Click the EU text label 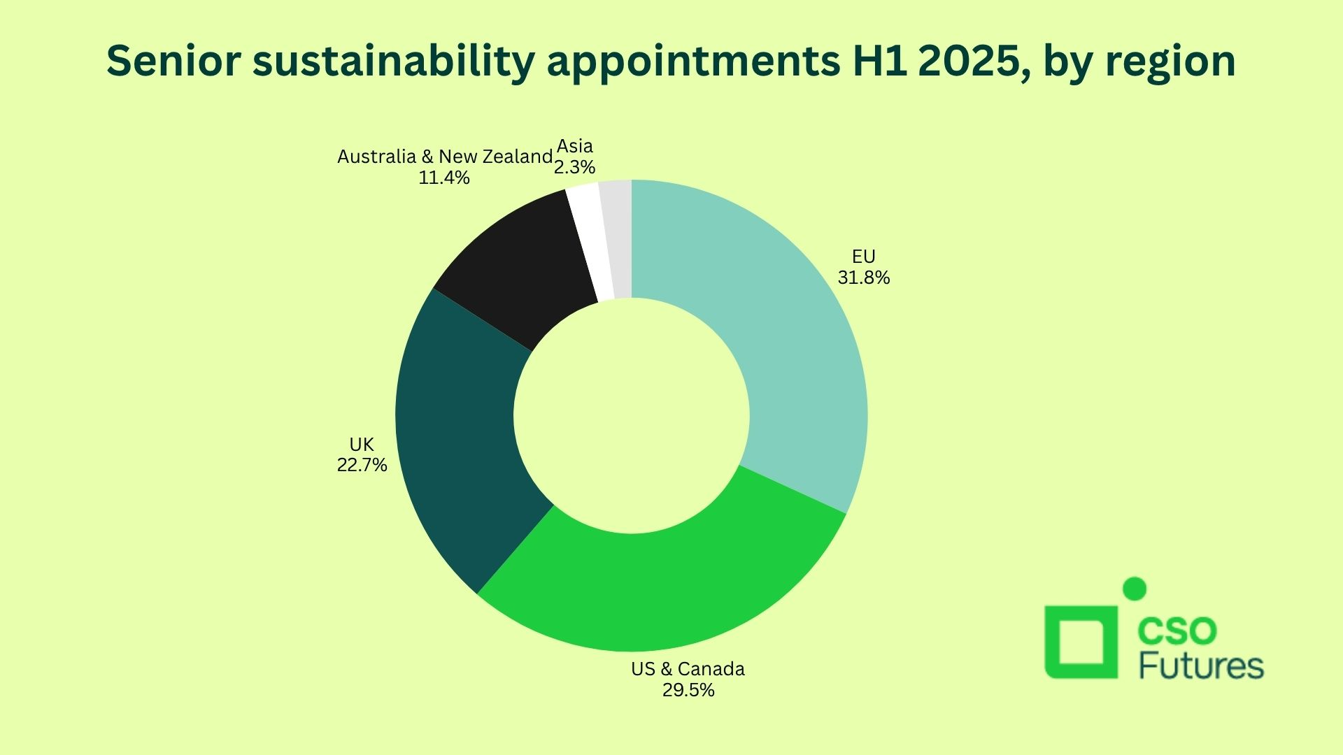[x=864, y=257]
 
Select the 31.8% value [x=864, y=278]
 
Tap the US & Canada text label [x=688, y=669]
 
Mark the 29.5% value [x=688, y=690]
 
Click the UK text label [x=362, y=444]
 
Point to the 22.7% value [x=362, y=465]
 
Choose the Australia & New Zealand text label [x=445, y=157]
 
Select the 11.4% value [x=444, y=178]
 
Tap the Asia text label [x=575, y=146]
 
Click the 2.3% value [x=574, y=167]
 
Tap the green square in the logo [x=1081, y=642]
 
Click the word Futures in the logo [x=1201, y=666]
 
